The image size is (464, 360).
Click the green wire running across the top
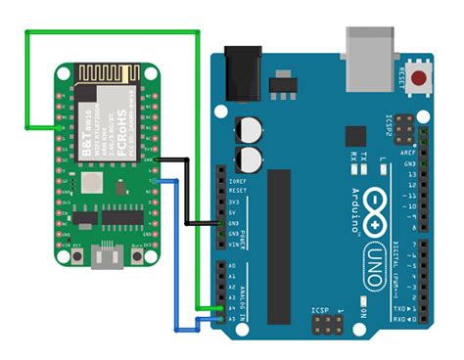click(x=117, y=33)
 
